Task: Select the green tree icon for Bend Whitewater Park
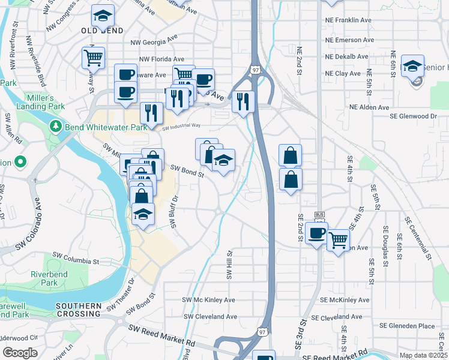[x=56, y=126]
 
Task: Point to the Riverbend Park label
[x=44, y=278]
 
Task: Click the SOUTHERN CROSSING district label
[x=78, y=310]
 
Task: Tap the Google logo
[x=20, y=352]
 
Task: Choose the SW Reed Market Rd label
[x=162, y=336]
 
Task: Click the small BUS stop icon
[x=319, y=215]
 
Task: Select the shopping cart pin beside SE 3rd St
[x=338, y=239]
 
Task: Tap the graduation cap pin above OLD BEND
[x=103, y=14]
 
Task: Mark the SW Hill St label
[x=229, y=265]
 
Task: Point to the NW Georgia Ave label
[x=154, y=43]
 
